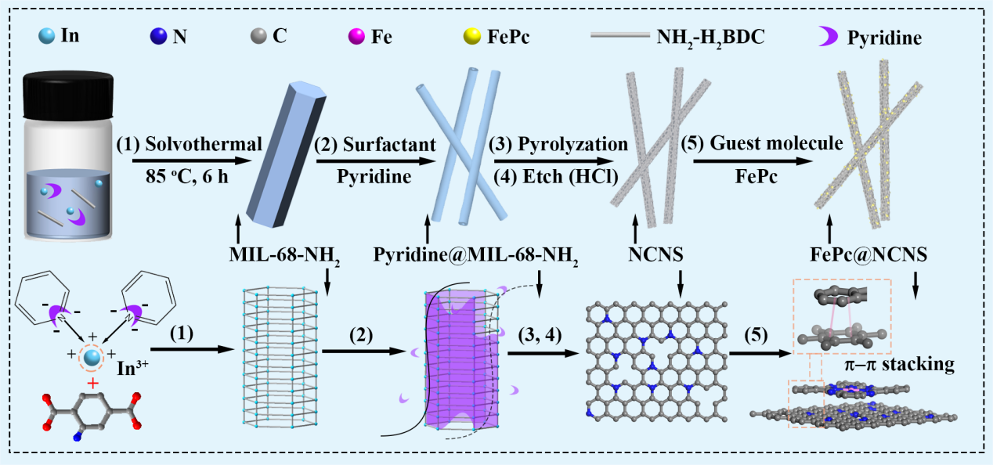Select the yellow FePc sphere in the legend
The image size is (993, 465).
click(471, 36)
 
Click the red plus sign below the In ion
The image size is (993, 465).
click(93, 383)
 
